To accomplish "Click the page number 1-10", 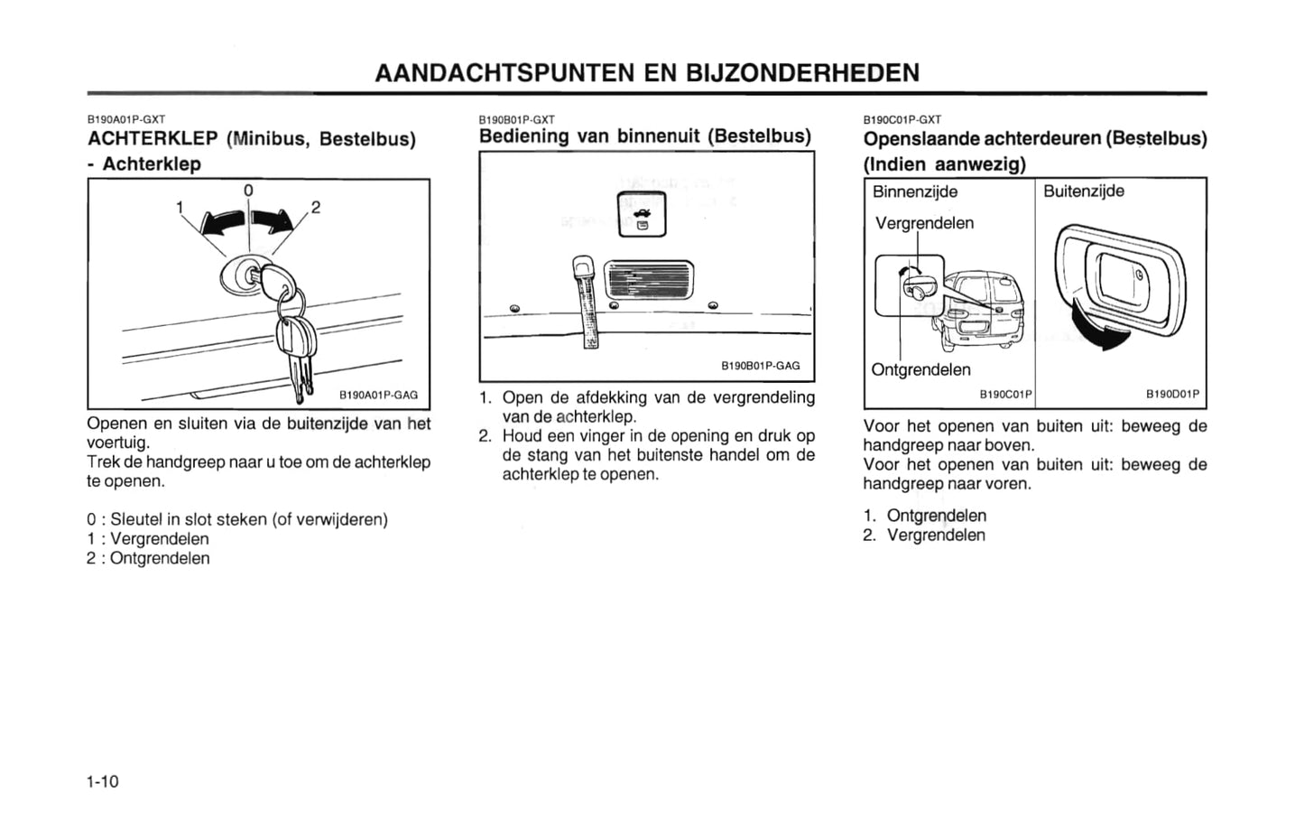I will coord(103,781).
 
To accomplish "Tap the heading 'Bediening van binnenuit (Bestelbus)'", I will coord(644,136).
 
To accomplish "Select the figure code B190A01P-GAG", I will coord(378,395).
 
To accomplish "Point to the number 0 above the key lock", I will coord(248,191).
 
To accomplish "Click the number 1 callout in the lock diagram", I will coord(180,208).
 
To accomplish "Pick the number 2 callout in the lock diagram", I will coord(315,207).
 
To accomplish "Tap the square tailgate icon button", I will coord(642,215).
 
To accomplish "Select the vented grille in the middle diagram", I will coord(649,280).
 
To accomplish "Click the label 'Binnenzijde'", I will coord(915,191).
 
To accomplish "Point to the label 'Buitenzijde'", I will coord(1084,191).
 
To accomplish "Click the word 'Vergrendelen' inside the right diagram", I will coord(924,223).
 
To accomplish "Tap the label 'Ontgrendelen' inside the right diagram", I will coord(920,369).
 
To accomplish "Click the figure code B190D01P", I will coord(1172,395).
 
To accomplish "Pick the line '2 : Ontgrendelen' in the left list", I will coord(148,558).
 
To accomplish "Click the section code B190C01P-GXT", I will coord(902,119).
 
